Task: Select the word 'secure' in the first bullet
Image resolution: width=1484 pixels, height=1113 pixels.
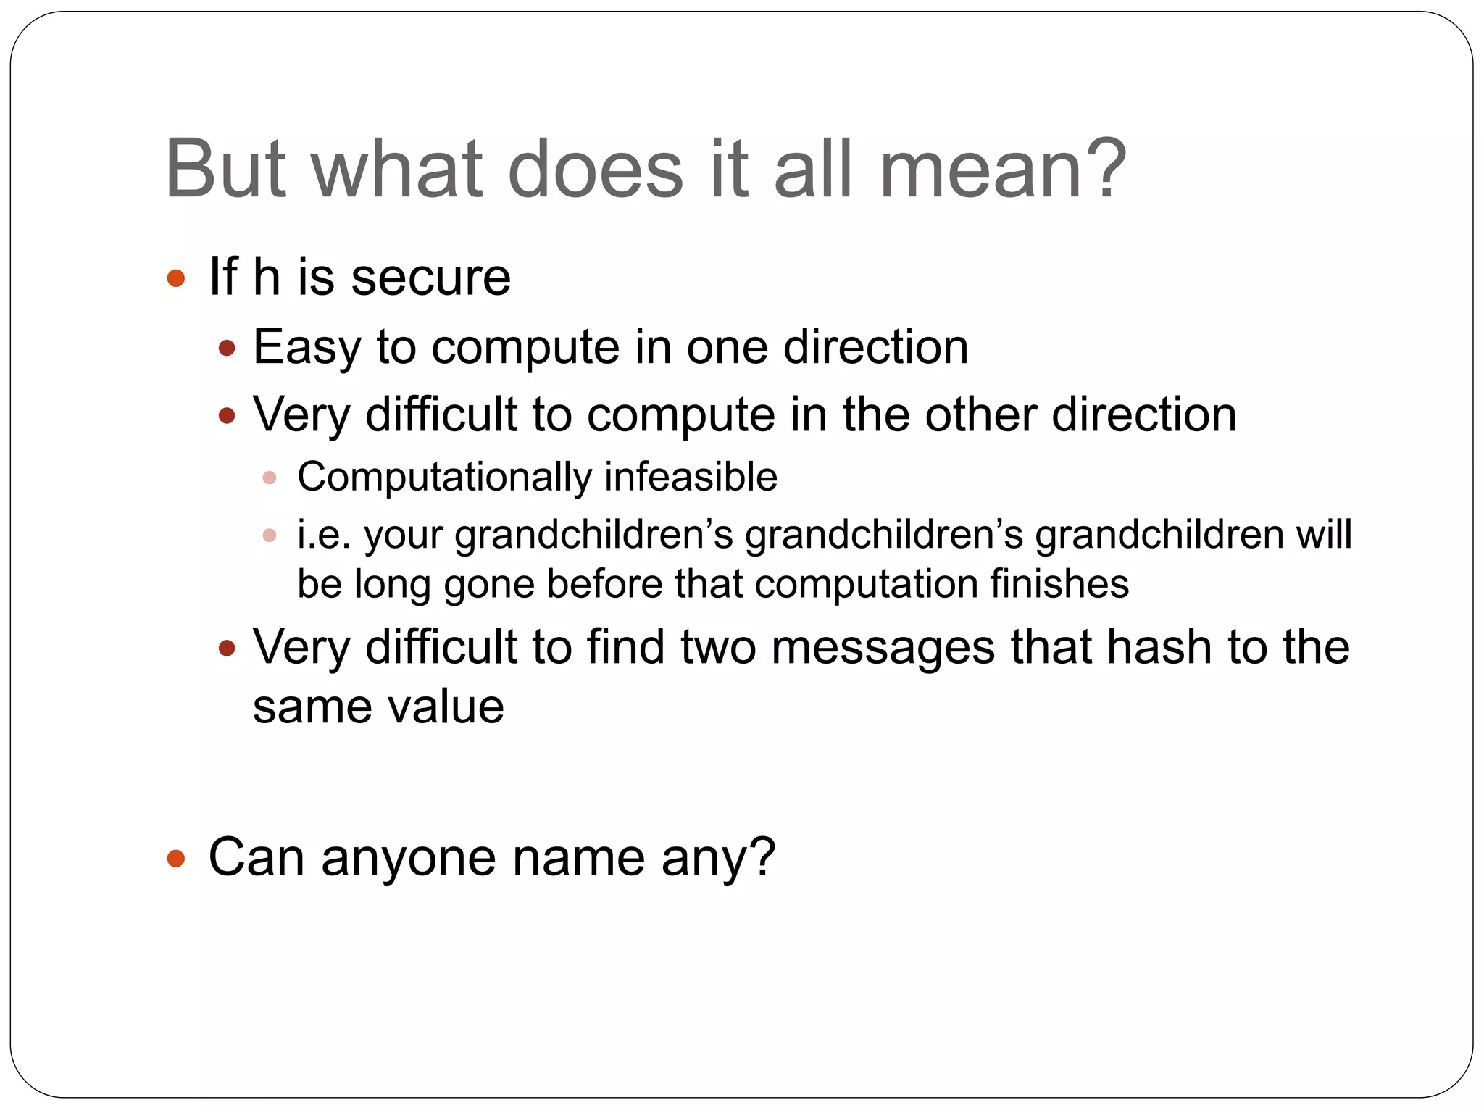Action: tap(431, 278)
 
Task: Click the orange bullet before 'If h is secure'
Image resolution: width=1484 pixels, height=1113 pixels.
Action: tap(175, 278)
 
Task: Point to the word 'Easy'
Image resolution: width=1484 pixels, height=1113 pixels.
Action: tap(307, 348)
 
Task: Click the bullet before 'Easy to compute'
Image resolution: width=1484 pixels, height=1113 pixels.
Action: tap(227, 349)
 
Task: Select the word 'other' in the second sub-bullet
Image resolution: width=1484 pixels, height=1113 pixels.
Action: tap(980, 415)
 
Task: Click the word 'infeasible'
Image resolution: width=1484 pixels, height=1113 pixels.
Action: tap(691, 478)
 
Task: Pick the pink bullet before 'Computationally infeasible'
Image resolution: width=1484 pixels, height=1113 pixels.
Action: tap(270, 478)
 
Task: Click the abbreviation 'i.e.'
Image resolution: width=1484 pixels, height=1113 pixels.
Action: tap(324, 535)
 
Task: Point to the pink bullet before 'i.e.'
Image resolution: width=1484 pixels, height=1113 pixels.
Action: tap(270, 536)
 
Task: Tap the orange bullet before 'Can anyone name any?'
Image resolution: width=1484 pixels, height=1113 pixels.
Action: tap(175, 859)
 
